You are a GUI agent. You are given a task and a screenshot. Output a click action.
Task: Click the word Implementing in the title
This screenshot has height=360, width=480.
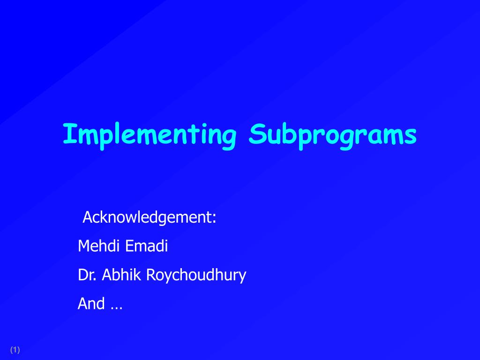pyautogui.click(x=149, y=135)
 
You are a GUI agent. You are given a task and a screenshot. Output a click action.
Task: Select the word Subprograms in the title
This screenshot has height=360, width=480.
pyautogui.click(x=333, y=135)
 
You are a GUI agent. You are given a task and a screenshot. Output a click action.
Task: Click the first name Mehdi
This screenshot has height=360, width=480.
pyautogui.click(x=97, y=246)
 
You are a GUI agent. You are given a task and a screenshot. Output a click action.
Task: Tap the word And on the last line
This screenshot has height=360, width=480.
pyautogui.click(x=91, y=304)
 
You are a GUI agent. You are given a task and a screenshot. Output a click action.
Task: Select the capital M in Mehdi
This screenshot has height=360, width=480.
pyautogui.click(x=83, y=246)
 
